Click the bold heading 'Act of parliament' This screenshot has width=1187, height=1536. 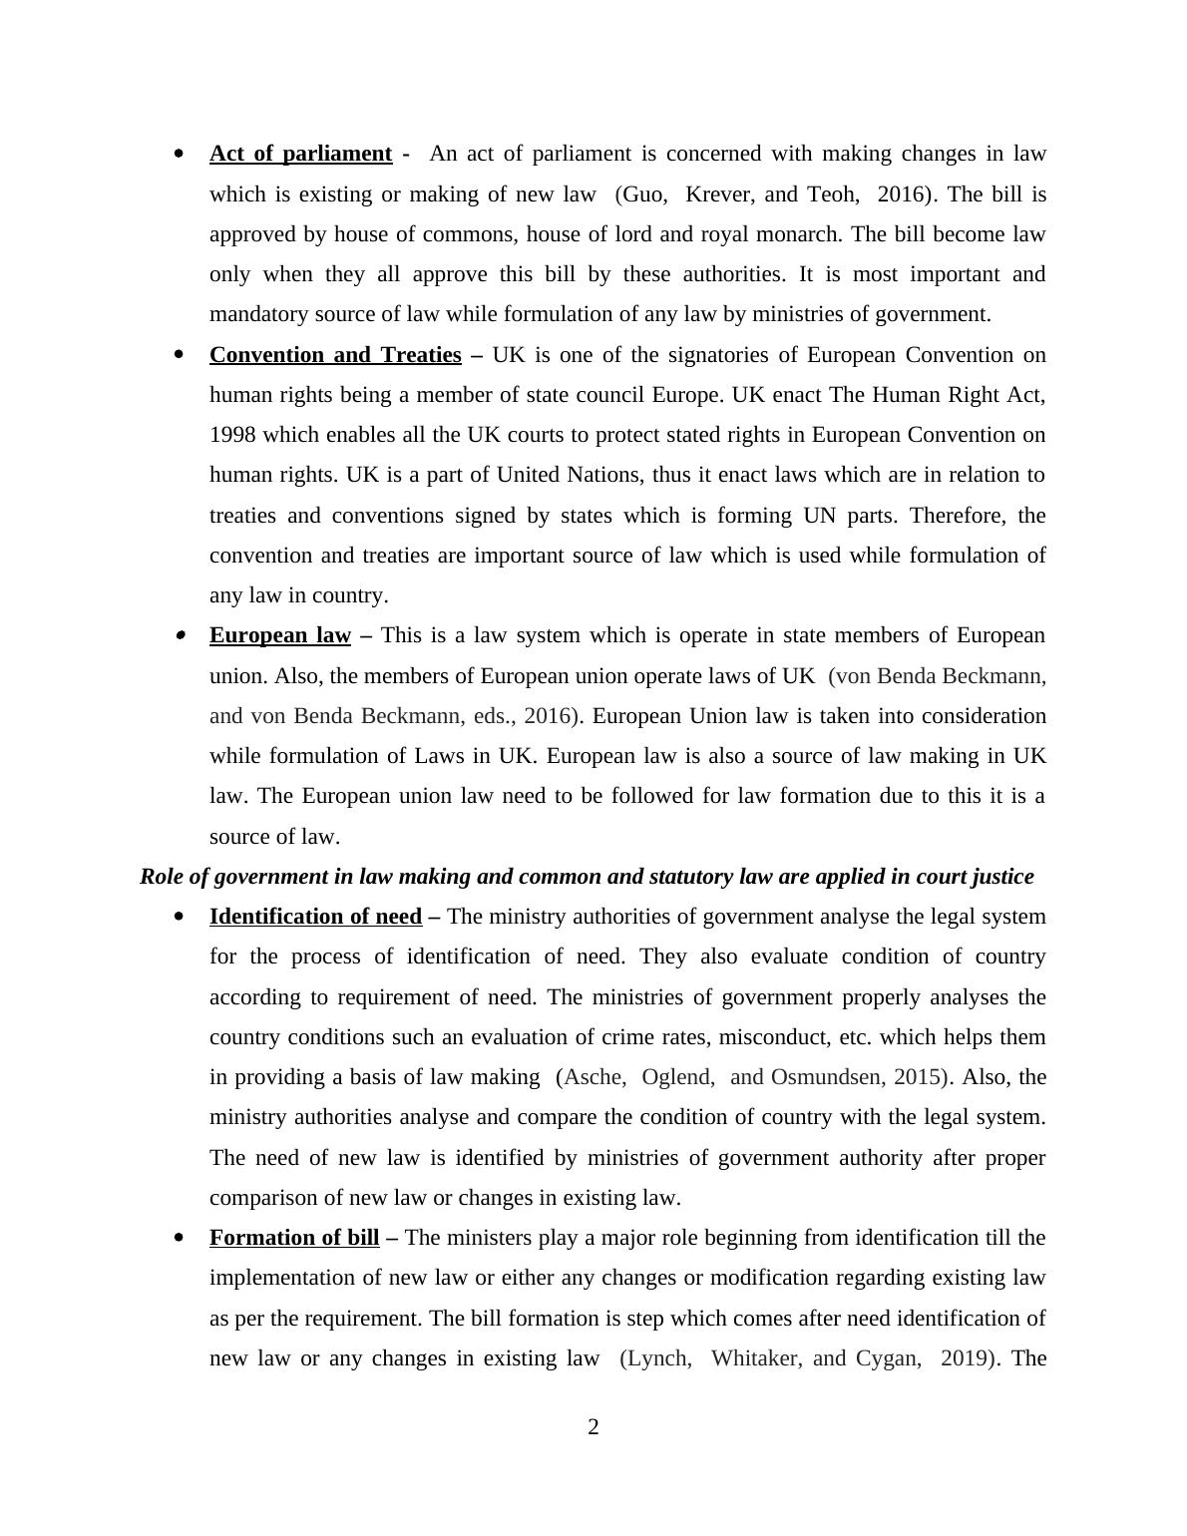(x=300, y=154)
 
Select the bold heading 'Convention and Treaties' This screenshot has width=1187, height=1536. (x=335, y=355)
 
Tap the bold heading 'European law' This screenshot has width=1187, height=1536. (x=280, y=635)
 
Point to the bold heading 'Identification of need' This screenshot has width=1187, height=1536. (x=315, y=917)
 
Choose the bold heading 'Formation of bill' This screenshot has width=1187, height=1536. (x=294, y=1238)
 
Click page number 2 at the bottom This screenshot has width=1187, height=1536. (x=593, y=1427)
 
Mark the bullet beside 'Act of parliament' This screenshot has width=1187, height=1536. (x=180, y=155)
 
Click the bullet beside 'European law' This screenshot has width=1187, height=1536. (x=180, y=636)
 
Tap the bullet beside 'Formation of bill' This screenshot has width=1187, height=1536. (x=180, y=1239)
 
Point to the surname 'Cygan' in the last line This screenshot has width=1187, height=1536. (x=888, y=1358)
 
